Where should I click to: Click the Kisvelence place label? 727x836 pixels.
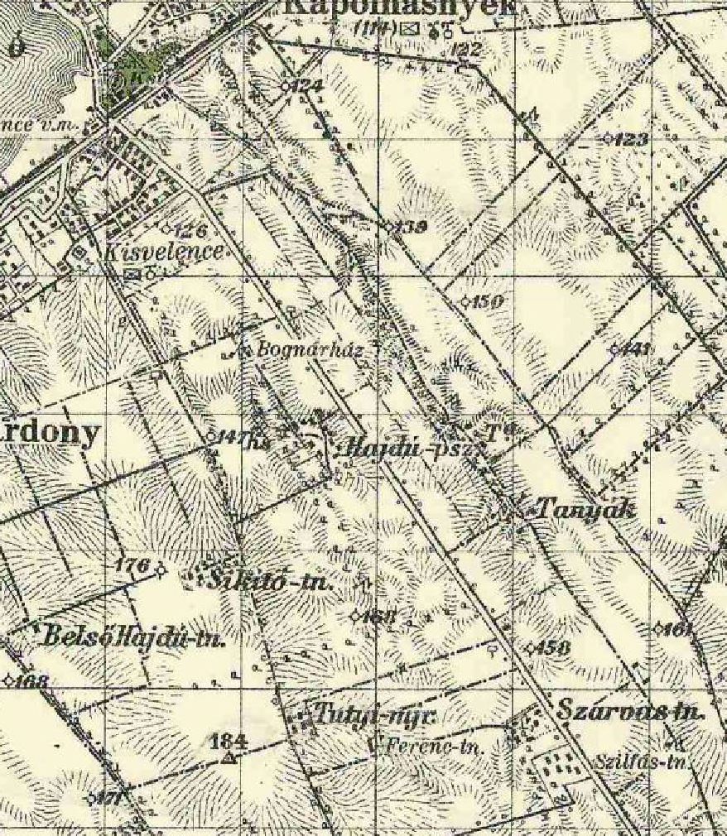tap(165, 252)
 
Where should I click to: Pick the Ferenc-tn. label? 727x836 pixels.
tap(430, 744)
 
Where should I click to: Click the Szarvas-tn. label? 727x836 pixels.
tap(629, 711)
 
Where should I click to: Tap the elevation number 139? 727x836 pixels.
tap(412, 227)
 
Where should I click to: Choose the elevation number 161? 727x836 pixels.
tap(677, 629)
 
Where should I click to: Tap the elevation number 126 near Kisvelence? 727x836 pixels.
tap(190, 229)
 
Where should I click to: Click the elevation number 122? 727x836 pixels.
tap(467, 50)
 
